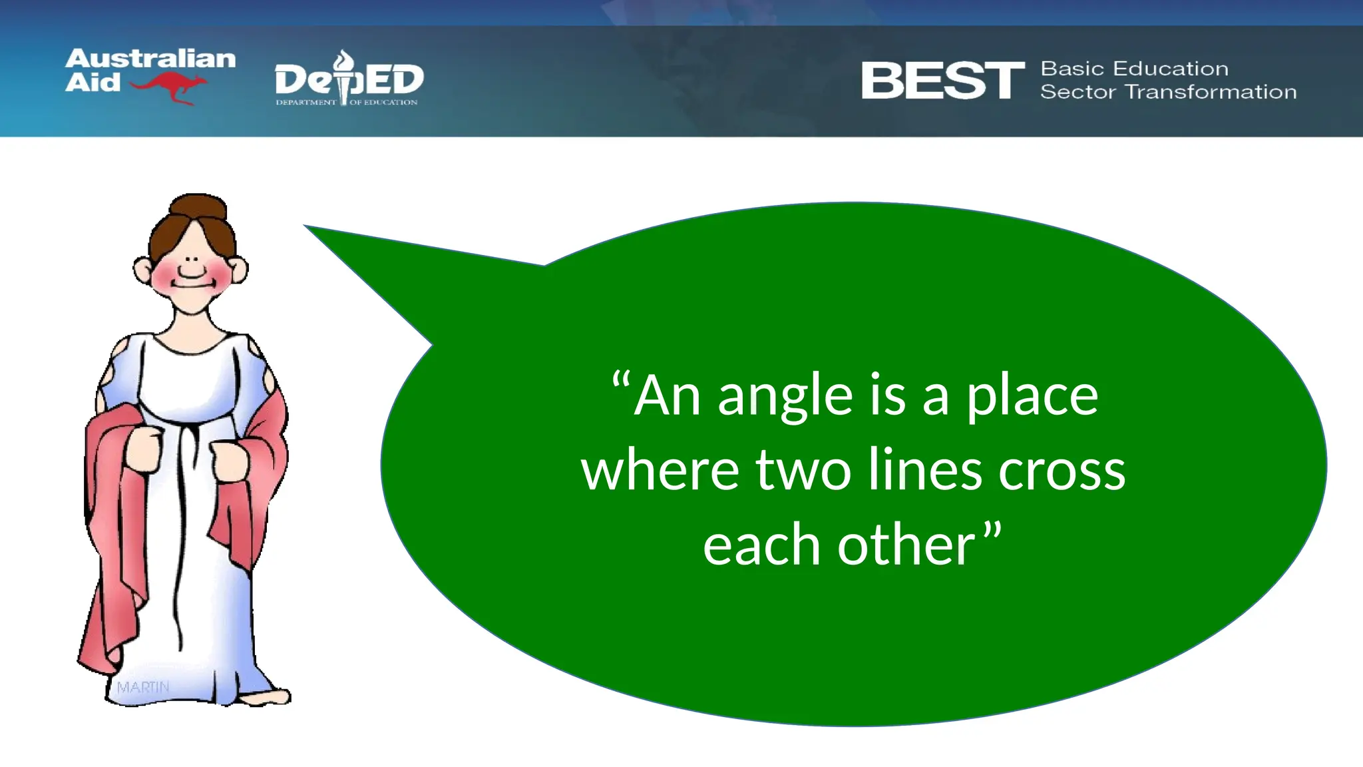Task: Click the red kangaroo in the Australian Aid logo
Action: (x=170, y=87)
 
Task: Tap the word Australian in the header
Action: (x=150, y=59)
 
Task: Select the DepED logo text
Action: (x=349, y=80)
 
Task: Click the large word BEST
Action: (x=942, y=81)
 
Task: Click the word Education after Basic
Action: (x=1171, y=69)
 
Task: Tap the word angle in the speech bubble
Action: (x=785, y=397)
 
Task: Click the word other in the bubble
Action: (x=906, y=545)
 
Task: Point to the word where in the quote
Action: (x=660, y=470)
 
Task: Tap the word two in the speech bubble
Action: (x=803, y=470)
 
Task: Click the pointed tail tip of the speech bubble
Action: (x=308, y=228)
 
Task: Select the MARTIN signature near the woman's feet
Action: (x=143, y=686)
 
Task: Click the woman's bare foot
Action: (x=266, y=697)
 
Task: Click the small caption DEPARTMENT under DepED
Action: (x=306, y=103)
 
